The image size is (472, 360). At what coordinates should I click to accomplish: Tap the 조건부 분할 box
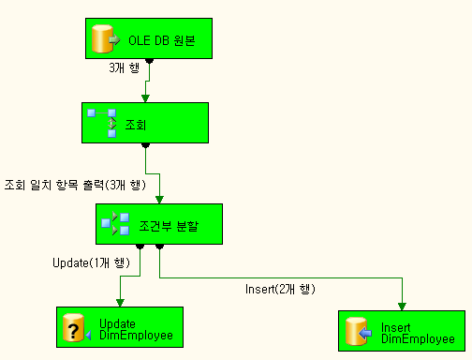pos(158,224)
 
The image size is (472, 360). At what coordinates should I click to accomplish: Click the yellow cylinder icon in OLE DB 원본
pos(102,40)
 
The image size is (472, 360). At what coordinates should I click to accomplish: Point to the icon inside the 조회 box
pos(101,122)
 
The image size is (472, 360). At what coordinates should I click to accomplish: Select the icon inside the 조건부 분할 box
pos(114,224)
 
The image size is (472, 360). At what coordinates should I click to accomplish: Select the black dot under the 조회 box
pos(145,144)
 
